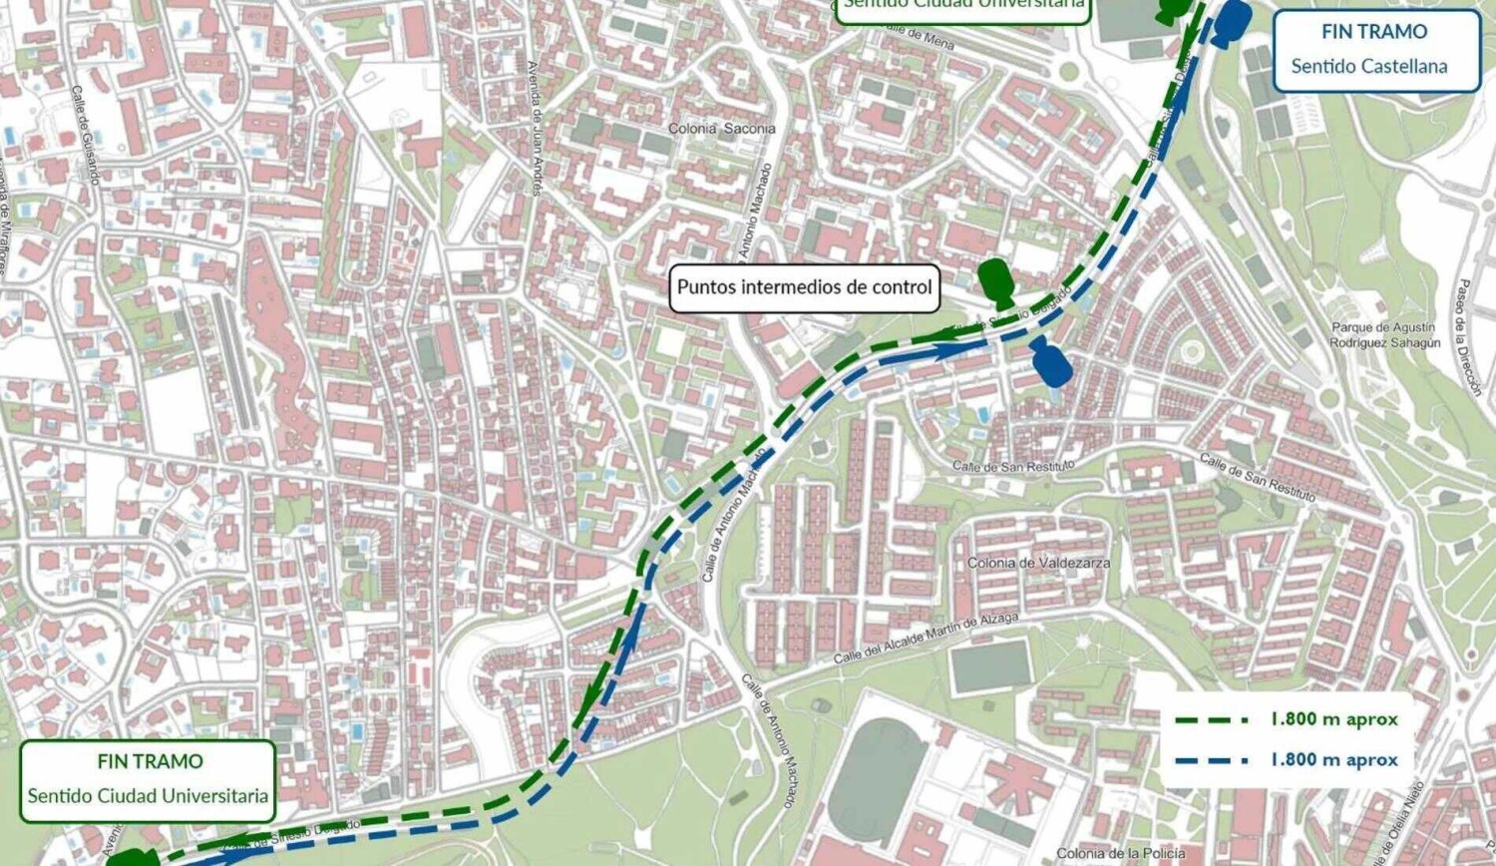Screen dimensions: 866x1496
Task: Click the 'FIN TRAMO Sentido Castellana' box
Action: tap(1375, 50)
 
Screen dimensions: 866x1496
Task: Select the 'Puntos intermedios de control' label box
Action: tap(804, 287)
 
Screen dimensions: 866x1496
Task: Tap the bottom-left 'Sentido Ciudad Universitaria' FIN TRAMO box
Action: tap(148, 779)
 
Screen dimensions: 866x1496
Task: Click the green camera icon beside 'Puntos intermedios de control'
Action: tap(996, 282)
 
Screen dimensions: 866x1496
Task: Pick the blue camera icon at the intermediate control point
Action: tap(1051, 361)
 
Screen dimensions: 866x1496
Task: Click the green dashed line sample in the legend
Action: tap(1211, 719)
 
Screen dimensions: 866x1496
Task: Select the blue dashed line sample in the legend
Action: tap(1211, 760)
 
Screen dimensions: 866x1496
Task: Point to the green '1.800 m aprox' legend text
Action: tap(1333, 719)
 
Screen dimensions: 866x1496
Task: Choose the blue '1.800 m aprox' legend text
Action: tap(1333, 760)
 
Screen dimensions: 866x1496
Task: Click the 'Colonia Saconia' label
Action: tap(721, 129)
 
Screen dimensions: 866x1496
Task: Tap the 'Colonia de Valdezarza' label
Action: tap(1038, 563)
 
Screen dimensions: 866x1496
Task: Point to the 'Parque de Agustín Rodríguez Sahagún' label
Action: tap(1384, 335)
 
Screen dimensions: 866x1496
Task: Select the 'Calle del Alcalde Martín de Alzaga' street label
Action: tap(927, 639)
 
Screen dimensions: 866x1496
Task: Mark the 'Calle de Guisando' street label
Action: tap(86, 135)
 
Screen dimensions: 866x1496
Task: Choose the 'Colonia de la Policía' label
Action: tap(1120, 853)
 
